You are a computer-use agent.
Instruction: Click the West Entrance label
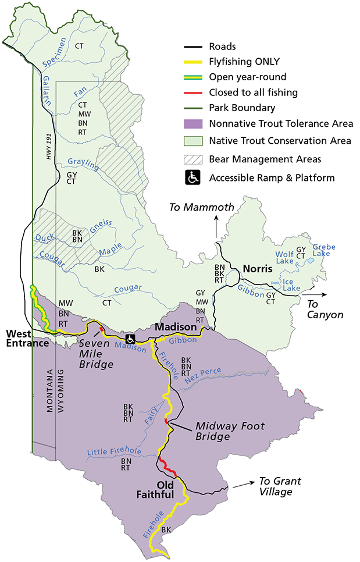(x=27, y=339)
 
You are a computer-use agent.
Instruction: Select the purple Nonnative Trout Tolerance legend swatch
(x=193, y=123)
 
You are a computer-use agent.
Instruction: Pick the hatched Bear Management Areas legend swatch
(x=193, y=159)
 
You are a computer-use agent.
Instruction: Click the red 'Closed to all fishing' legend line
(x=193, y=92)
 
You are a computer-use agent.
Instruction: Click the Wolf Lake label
(x=284, y=257)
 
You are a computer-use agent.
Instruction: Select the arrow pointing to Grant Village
(x=243, y=484)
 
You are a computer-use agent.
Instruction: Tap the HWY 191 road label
(x=49, y=141)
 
